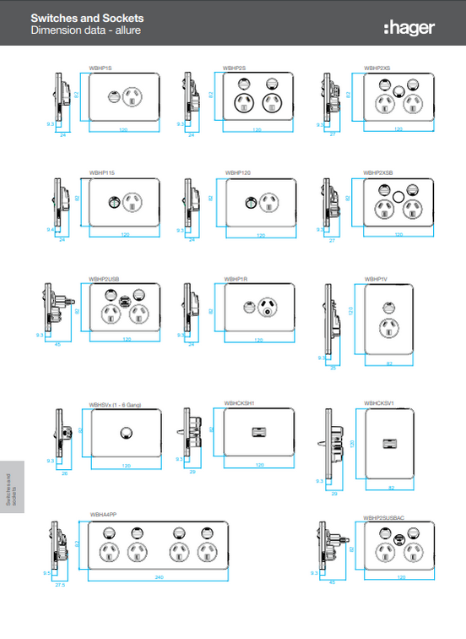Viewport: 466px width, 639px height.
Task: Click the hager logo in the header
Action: point(409,28)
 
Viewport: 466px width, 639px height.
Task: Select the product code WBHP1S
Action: point(100,66)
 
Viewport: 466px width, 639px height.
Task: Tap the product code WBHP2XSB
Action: point(378,172)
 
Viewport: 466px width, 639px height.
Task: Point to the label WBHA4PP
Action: point(102,514)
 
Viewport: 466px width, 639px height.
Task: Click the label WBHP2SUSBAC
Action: point(383,517)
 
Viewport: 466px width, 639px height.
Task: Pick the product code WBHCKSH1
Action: point(240,403)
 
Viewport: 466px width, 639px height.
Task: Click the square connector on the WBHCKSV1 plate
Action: point(390,440)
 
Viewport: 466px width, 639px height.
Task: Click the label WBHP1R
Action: point(235,278)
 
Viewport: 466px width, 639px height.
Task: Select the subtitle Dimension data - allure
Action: point(85,30)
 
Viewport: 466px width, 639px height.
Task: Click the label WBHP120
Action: point(236,172)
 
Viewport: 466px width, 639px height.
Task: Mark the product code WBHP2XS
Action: point(377,66)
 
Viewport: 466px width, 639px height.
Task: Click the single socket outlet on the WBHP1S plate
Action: point(133,98)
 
